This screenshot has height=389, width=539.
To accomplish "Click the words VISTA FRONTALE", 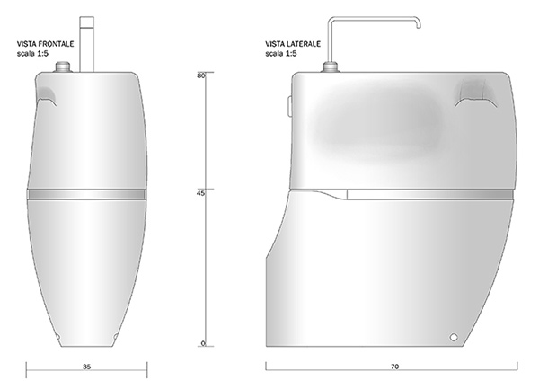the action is pos(46,44).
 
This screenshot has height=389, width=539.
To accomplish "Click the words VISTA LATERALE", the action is pos(293,44).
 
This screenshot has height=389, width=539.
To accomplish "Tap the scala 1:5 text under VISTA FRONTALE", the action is pos(32,54).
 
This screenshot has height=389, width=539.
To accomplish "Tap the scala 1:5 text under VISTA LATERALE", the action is pos(281,54).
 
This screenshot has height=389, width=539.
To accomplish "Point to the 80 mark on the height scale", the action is pos(200,75).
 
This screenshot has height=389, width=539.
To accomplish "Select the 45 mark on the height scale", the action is pos(200,193).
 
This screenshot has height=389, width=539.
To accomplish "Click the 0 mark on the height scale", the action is pos(203,343).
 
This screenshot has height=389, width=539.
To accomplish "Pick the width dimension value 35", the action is pos(87,367).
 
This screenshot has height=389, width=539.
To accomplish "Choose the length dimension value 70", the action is pos(395,367).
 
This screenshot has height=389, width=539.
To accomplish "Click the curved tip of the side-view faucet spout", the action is pos(419,25).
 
